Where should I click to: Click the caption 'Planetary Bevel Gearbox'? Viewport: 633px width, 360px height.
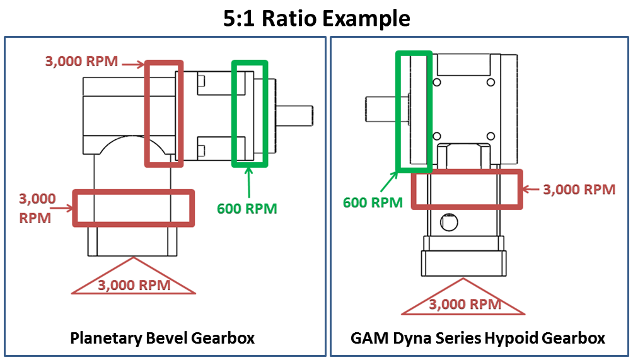(x=162, y=338)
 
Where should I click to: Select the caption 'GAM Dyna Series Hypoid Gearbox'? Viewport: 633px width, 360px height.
(x=478, y=338)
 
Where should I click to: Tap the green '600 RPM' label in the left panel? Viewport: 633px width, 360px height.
(x=247, y=208)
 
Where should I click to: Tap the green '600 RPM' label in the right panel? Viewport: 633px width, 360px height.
(x=373, y=202)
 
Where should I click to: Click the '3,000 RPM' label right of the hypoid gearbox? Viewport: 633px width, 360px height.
(x=579, y=189)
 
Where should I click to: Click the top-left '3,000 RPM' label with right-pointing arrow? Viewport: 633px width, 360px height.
(x=81, y=62)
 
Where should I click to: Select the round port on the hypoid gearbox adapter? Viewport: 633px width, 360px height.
(x=449, y=222)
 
